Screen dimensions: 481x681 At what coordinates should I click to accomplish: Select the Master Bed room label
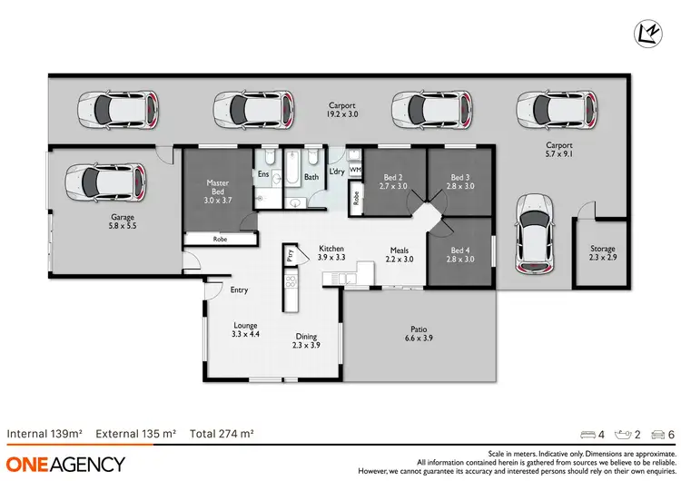218,188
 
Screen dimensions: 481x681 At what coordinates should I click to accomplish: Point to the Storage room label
602,253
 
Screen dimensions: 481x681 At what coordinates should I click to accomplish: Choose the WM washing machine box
356,170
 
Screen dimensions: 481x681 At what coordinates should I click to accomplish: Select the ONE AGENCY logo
64,464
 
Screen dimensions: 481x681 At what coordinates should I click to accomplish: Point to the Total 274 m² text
222,434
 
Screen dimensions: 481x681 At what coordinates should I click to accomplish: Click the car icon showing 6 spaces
659,435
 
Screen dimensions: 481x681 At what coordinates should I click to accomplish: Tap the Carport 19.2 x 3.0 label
341,111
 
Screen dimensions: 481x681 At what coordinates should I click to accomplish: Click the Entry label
239,290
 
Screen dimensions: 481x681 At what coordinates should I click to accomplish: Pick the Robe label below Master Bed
220,240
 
